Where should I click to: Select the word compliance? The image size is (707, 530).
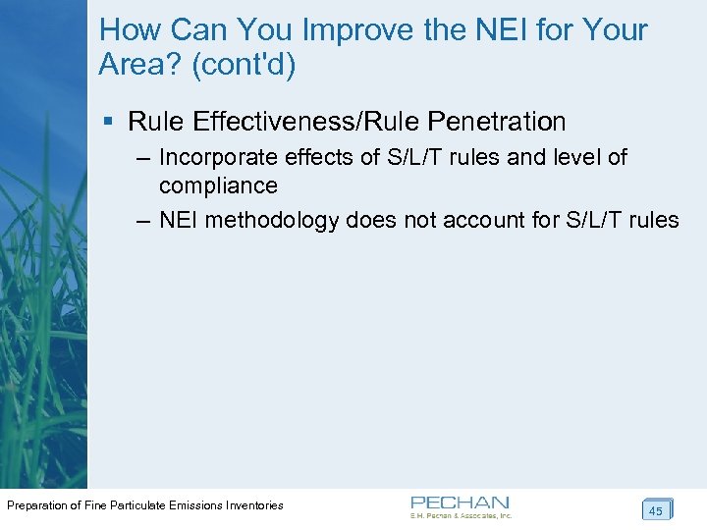tap(218, 185)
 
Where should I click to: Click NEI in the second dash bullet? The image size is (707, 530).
tap(178, 219)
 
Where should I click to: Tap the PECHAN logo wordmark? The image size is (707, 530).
tap(460, 502)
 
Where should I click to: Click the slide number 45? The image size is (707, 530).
tap(656, 510)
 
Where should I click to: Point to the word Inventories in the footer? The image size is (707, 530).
tap(253, 505)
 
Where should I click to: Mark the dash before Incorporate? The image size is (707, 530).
tap(143, 157)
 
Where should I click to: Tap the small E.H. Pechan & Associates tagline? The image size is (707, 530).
tap(462, 515)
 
